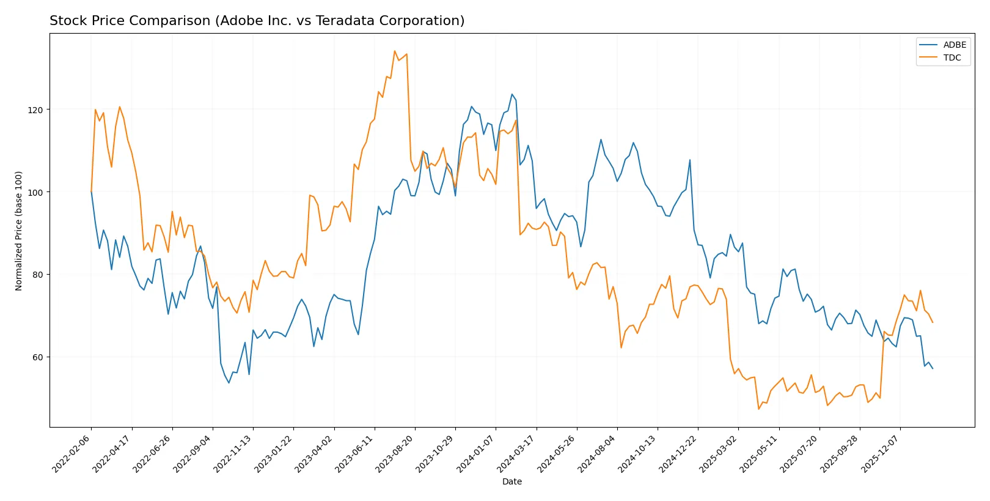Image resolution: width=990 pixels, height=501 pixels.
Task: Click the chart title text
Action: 257,21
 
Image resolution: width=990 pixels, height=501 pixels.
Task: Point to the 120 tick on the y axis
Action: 35,110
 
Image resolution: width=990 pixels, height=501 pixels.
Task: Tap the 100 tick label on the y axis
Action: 35,192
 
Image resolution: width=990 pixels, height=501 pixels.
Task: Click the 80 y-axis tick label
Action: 37,275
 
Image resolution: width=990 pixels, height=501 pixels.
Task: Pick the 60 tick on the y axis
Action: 37,357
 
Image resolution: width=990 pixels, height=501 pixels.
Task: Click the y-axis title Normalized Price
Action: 19,231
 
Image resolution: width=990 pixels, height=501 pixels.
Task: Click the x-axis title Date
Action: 512,481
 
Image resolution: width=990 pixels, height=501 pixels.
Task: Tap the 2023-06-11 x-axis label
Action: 355,453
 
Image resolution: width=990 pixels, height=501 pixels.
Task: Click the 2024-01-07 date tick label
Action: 476,453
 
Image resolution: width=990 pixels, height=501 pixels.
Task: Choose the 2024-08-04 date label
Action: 598,453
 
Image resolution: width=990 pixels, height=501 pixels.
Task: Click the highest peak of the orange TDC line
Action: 395,51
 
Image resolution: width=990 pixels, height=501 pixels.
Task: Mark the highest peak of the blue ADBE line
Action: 512,94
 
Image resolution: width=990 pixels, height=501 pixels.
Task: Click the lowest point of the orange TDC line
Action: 758,409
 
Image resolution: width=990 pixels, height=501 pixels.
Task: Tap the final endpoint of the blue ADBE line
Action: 933,368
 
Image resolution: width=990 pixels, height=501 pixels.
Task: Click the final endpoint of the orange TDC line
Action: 933,322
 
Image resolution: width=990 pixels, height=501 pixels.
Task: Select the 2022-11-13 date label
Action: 233,453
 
